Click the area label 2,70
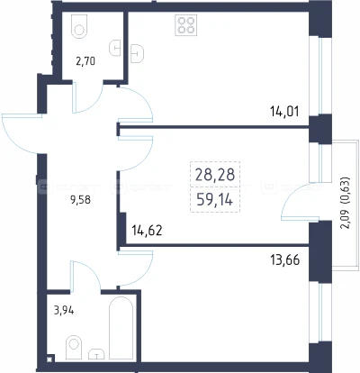click(x=85, y=61)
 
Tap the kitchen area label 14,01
click(x=284, y=112)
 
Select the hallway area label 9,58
click(x=80, y=200)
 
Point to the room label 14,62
click(x=147, y=231)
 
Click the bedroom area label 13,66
click(x=284, y=260)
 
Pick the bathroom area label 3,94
click(x=64, y=311)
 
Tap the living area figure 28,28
click(x=215, y=175)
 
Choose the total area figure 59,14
click(x=215, y=199)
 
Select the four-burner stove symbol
click(x=186, y=25)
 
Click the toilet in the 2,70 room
click(x=79, y=26)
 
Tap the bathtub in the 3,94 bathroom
click(x=121, y=328)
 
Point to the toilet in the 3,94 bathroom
click(x=74, y=348)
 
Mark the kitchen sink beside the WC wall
click(x=138, y=53)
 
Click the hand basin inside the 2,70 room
click(x=115, y=48)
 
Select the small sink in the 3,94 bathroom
click(x=96, y=354)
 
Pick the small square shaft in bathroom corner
click(x=49, y=359)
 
